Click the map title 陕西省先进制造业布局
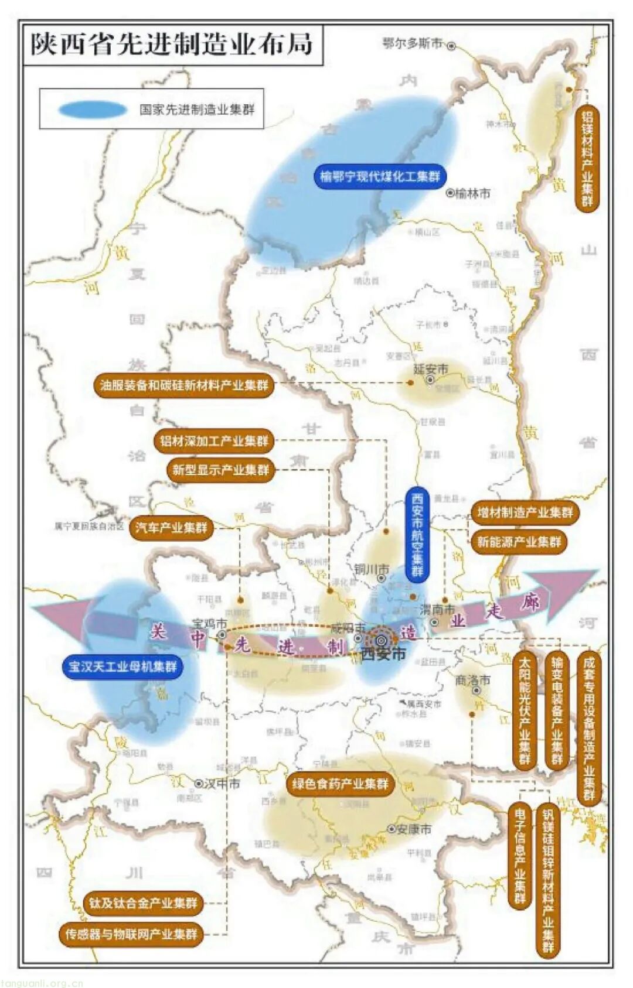tap(172, 45)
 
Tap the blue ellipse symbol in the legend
tap(93, 110)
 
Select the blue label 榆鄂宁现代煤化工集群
tap(380, 176)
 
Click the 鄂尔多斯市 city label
tap(413, 44)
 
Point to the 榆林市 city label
tap(472, 193)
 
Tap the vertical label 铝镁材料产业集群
tap(587, 159)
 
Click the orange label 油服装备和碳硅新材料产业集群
tap(183, 385)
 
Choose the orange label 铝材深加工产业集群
tap(214, 440)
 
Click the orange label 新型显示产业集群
tap(220, 470)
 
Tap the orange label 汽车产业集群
tap(171, 527)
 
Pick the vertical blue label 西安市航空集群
tap(417, 534)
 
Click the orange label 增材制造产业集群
tap(525, 512)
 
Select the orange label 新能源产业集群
tap(519, 542)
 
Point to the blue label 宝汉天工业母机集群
tap(122, 666)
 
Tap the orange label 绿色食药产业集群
tap(341, 784)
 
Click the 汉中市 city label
tap(221, 783)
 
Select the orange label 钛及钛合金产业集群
tap(143, 902)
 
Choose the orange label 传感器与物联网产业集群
tap(131, 934)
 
